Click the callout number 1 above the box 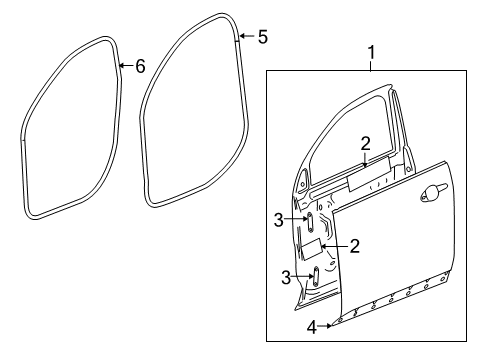370,51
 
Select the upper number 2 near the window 366,142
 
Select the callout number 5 262,37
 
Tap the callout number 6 140,66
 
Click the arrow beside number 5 245,38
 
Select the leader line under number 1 370,65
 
